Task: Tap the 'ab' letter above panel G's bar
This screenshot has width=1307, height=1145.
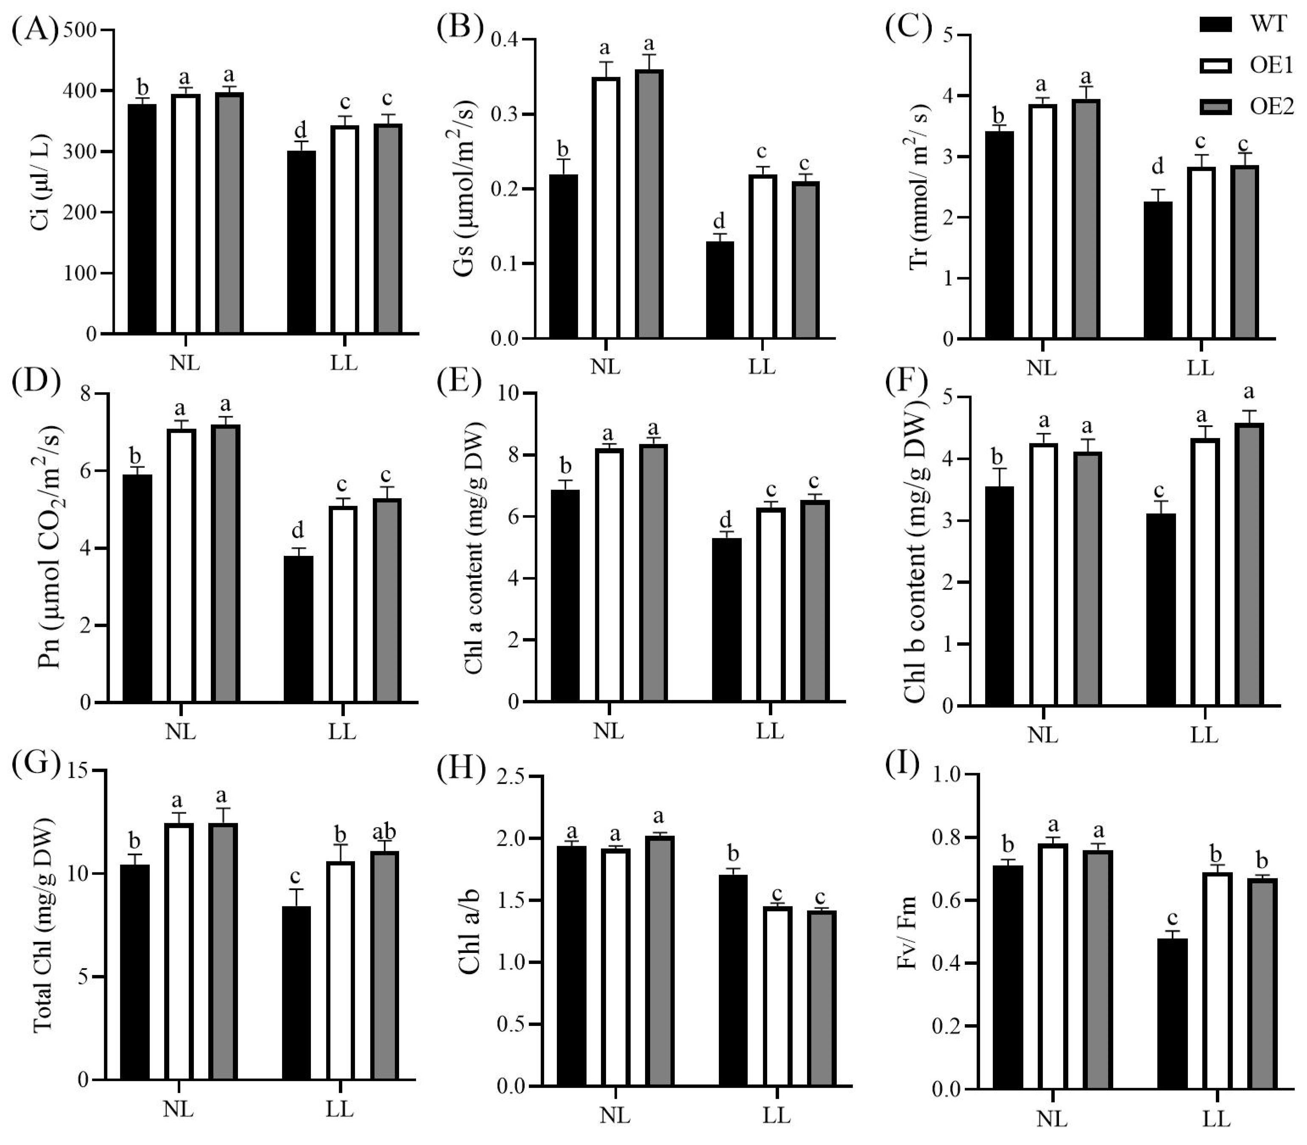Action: click(x=384, y=831)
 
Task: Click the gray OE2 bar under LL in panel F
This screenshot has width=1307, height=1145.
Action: click(x=1249, y=564)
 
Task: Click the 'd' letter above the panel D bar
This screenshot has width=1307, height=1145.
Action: click(x=298, y=530)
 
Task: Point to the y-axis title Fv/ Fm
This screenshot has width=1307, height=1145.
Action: click(x=907, y=933)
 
